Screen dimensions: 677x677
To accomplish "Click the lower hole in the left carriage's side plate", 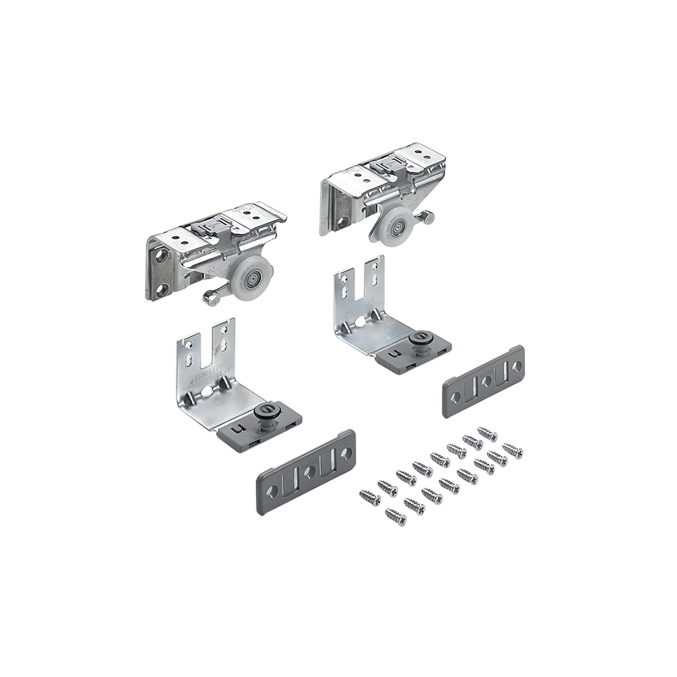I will [162, 291].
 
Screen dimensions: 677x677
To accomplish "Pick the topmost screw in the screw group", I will [487, 434].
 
